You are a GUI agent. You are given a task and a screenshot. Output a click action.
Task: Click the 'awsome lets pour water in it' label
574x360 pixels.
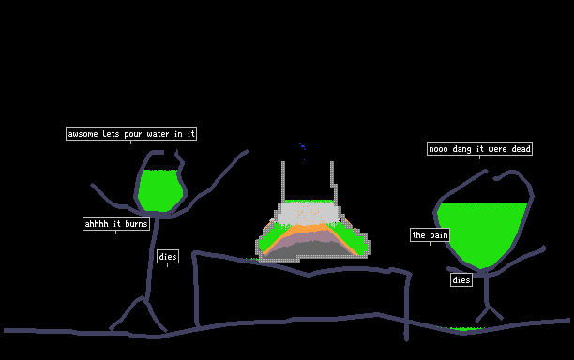[x=131, y=133]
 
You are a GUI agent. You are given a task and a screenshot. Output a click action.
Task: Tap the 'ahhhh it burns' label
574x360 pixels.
[x=116, y=223]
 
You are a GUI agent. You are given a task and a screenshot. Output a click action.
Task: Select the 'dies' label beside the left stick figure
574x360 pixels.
[x=168, y=257]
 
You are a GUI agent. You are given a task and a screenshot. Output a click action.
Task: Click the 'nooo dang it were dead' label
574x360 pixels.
[x=479, y=148]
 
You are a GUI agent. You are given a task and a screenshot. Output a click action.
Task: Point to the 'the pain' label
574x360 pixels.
[x=430, y=235]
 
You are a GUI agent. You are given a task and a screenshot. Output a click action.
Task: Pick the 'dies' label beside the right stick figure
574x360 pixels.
[x=461, y=280]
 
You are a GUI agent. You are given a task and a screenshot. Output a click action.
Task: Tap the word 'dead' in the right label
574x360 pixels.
[x=521, y=149]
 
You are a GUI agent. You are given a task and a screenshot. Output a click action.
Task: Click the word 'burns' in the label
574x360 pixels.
[x=136, y=223]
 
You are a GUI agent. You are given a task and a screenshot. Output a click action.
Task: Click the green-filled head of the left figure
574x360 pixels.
[x=160, y=190]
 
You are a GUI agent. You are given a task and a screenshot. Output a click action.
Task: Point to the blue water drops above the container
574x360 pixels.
[x=302, y=151]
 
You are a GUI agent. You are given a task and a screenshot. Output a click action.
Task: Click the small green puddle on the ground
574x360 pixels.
[x=462, y=328]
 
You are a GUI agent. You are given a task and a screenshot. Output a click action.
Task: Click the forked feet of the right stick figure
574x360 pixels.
[x=489, y=314]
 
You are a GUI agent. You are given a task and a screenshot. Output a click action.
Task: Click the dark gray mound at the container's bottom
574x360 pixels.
[x=310, y=248]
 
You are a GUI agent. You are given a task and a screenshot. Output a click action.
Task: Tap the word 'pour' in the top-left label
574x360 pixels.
[x=133, y=134]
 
